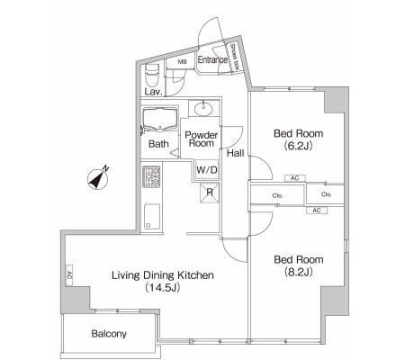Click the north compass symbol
click(98, 179)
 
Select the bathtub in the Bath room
click(160, 119)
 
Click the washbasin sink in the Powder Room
click(203, 108)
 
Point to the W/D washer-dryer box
click(207, 170)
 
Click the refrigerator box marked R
click(210, 193)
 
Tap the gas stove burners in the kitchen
click(151, 176)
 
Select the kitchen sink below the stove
click(152, 217)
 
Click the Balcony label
click(109, 334)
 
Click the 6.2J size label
click(299, 146)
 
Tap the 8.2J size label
click(299, 272)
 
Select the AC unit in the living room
click(69, 275)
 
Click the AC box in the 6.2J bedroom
click(295, 178)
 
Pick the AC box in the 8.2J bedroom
click(317, 211)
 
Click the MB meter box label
click(182, 62)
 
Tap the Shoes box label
click(235, 57)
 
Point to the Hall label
click(235, 153)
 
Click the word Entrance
click(212, 59)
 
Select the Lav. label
click(153, 92)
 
